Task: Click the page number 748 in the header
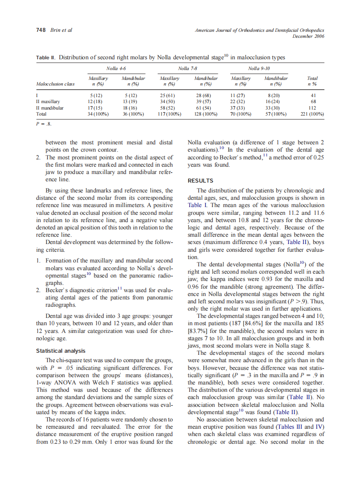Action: [x=40, y=30]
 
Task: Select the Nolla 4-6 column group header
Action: [x=116, y=68]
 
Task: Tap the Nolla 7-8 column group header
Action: [x=188, y=68]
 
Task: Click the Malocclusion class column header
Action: [x=55, y=84]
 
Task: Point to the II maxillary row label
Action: [x=50, y=101]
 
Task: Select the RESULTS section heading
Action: [x=200, y=181]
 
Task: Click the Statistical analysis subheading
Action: [x=61, y=351]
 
